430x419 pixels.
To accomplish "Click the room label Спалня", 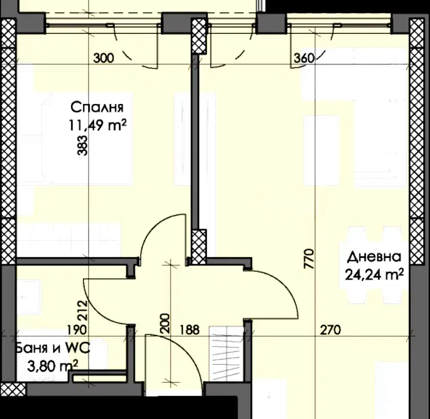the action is click(97, 107).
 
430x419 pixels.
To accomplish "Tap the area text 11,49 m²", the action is click(98, 126).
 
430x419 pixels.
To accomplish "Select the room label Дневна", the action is click(374, 257).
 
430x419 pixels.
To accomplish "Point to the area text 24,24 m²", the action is click(374, 274).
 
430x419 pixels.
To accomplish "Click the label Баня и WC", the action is click(52, 348).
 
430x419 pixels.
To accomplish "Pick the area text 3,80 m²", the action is click(52, 366).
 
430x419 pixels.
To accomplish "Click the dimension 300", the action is click(104, 58).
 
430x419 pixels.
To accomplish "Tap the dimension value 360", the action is click(304, 58).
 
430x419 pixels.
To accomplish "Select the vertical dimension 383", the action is click(82, 146).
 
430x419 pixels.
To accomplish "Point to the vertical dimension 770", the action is click(309, 259).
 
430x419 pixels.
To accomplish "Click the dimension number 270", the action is click(331, 330).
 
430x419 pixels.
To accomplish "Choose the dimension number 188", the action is click(190, 330).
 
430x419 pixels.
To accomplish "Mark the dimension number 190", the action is click(77, 330).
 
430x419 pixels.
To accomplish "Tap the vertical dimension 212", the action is click(82, 311).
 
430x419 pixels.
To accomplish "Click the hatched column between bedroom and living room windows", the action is click(199, 36).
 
